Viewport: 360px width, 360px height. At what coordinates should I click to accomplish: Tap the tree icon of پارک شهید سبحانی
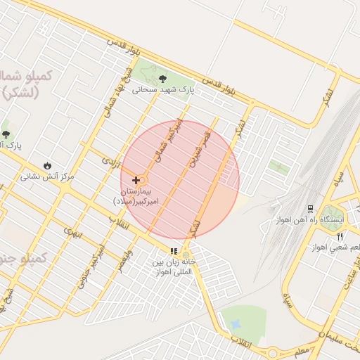pos(163,79)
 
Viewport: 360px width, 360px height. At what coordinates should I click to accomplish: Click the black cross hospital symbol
pos(136,180)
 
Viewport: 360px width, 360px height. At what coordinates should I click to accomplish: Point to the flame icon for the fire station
pos(47,165)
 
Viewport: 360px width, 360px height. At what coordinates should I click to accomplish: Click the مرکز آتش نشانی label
pos(47,176)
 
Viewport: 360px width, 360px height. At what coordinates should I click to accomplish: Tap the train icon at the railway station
pos(310,209)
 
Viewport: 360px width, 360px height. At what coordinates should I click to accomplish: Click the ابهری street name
pos(73,230)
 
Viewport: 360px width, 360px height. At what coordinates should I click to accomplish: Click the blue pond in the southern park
pos(235,324)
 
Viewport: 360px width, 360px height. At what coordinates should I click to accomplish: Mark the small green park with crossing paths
pos(279,167)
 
